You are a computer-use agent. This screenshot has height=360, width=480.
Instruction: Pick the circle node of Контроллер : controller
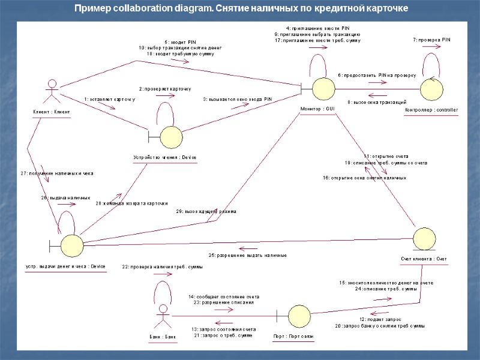(x=431, y=89)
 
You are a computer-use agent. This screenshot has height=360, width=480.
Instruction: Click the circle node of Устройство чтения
(x=172, y=136)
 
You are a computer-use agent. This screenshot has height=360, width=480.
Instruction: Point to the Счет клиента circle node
(x=424, y=238)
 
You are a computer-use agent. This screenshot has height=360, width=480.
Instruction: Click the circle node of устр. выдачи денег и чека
(x=73, y=244)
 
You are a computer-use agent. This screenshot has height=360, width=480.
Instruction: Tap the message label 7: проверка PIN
(x=431, y=40)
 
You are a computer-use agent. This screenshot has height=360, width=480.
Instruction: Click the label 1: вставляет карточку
(x=110, y=99)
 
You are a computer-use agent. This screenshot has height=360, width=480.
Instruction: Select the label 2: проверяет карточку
(x=165, y=89)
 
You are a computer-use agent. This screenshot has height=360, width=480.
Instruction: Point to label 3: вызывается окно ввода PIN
(x=238, y=99)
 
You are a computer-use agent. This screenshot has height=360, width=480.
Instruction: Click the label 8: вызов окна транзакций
(x=377, y=102)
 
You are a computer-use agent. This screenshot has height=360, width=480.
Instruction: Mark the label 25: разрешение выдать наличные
(x=247, y=256)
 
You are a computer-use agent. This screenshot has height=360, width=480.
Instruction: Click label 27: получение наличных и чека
(x=57, y=173)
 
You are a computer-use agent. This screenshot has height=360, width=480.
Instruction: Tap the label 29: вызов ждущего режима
(x=206, y=211)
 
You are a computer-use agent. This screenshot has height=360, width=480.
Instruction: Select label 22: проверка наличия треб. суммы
(x=162, y=266)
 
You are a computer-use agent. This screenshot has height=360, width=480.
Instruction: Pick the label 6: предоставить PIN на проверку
(x=376, y=76)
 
